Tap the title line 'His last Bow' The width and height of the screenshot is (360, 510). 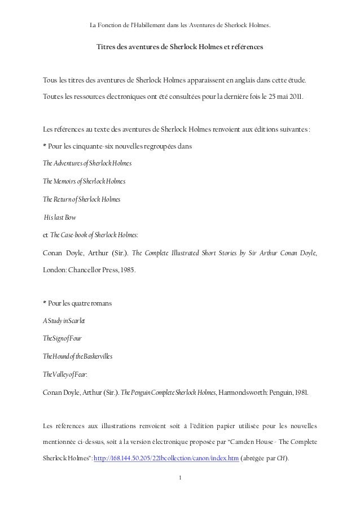(60, 217)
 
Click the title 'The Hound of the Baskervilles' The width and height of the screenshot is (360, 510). (78, 358)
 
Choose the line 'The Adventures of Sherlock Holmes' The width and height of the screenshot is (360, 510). (87, 164)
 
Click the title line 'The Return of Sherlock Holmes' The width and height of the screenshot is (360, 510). (82, 199)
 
